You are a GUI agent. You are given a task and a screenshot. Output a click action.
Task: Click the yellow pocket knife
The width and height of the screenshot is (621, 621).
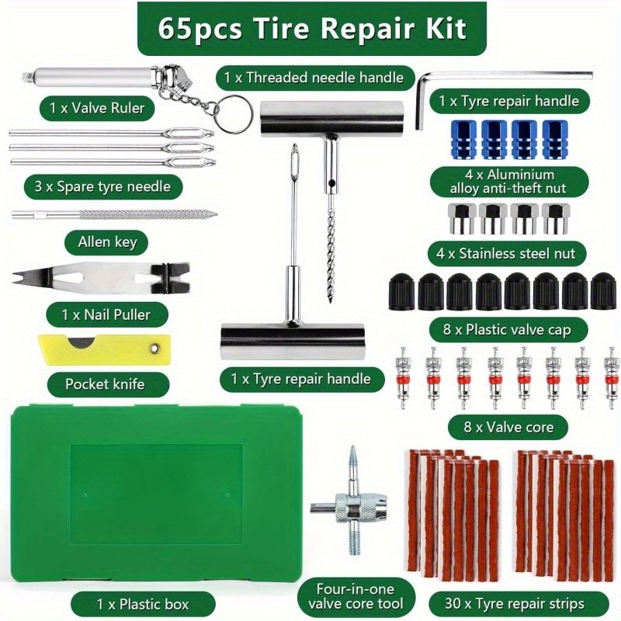click(x=104, y=349)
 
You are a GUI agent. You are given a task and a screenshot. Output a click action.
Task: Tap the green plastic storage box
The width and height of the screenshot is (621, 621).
click(x=157, y=497)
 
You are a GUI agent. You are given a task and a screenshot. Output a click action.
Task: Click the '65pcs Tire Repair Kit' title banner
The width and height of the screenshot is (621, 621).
click(x=312, y=29)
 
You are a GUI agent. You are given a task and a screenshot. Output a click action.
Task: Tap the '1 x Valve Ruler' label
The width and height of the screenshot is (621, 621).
click(x=96, y=108)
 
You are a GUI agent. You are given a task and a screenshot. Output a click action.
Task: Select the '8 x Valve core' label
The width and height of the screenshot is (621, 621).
click(x=508, y=427)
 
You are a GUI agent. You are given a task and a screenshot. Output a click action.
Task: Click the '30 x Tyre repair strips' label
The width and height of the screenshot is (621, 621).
click(x=514, y=604)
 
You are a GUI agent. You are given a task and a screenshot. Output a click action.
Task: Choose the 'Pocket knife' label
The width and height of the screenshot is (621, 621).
click(x=105, y=384)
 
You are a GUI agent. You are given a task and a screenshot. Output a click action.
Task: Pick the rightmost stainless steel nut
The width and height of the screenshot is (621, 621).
click(x=556, y=218)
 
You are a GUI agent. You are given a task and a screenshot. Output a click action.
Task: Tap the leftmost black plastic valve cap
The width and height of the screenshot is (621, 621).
click(x=402, y=291)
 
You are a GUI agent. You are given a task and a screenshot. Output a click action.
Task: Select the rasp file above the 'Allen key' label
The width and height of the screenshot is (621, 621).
click(x=114, y=215)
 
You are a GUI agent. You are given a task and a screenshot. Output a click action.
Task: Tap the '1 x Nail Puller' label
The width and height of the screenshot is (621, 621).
click(x=106, y=315)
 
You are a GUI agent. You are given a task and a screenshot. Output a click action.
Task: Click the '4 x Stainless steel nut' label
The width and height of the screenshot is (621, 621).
click(x=506, y=254)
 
